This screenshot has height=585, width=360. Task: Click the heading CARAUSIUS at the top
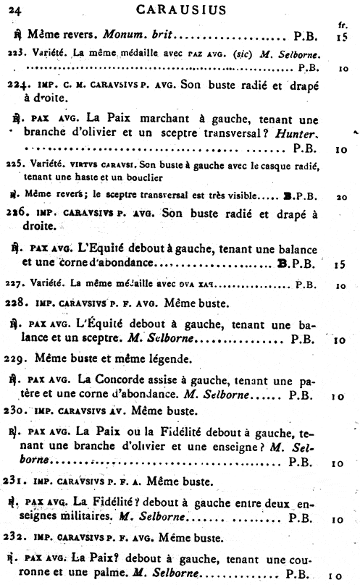point(179,9)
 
